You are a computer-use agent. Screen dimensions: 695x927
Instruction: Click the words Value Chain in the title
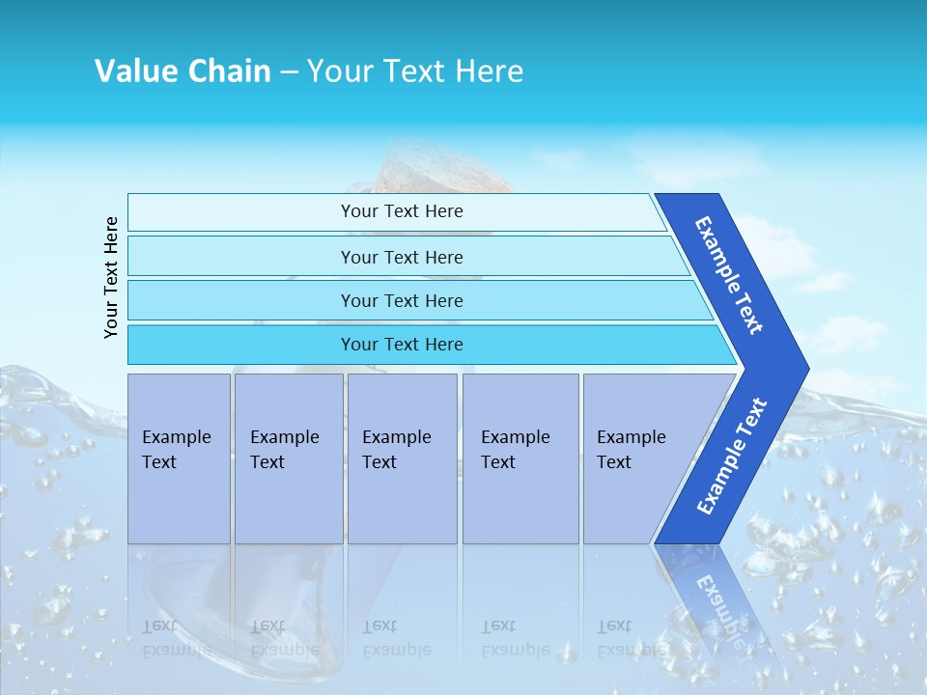pos(183,71)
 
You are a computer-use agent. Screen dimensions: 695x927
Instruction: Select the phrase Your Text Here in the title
pos(415,71)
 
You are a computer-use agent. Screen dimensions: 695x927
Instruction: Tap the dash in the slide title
pos(289,72)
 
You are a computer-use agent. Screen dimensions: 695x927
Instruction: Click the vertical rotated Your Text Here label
pos(111,277)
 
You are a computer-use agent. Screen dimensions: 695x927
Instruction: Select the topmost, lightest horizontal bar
pos(401,211)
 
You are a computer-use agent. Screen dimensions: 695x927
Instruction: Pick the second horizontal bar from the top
pos(401,257)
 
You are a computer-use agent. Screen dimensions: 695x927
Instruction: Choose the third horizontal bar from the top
pos(401,300)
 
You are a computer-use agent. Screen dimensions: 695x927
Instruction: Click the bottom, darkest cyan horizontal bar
pos(401,345)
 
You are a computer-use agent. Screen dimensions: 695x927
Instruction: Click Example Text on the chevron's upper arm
pos(729,275)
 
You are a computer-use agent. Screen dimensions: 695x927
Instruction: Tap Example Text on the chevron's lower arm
pos(732,456)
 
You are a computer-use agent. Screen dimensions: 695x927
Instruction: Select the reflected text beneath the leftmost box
pos(176,638)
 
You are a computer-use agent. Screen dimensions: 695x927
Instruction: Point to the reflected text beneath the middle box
pos(396,638)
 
